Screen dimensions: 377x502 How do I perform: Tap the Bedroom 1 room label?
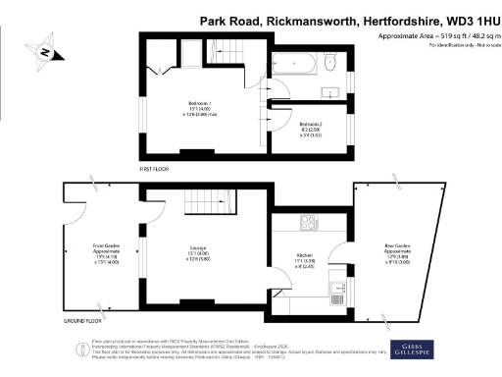coord(200,108)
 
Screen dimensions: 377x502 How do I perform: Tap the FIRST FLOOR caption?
coord(154,169)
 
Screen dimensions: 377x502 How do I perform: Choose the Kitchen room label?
coord(305,258)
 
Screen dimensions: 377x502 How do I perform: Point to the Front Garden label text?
coord(106,253)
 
